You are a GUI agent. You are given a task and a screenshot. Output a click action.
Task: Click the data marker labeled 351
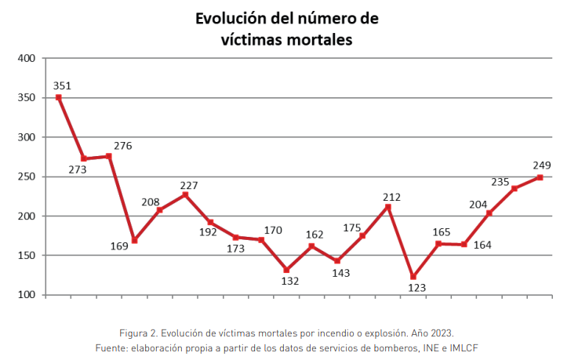click(x=59, y=97)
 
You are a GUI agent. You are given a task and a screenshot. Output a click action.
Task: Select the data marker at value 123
click(x=413, y=276)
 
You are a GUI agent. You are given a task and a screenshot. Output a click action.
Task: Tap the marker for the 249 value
click(x=540, y=177)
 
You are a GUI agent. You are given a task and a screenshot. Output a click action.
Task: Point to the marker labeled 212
click(x=387, y=206)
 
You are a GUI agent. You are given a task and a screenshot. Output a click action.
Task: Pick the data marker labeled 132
click(x=286, y=269)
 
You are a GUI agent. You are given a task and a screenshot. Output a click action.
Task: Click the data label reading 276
click(x=123, y=146)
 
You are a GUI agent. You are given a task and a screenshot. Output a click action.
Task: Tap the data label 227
click(x=187, y=185)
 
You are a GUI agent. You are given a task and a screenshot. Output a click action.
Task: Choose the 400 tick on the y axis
click(x=27, y=58)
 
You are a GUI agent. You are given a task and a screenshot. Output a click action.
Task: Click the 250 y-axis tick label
click(x=27, y=176)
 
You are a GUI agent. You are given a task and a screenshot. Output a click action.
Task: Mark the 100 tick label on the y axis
click(x=27, y=295)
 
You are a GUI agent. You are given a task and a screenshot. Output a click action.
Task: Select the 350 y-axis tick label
click(x=27, y=97)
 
